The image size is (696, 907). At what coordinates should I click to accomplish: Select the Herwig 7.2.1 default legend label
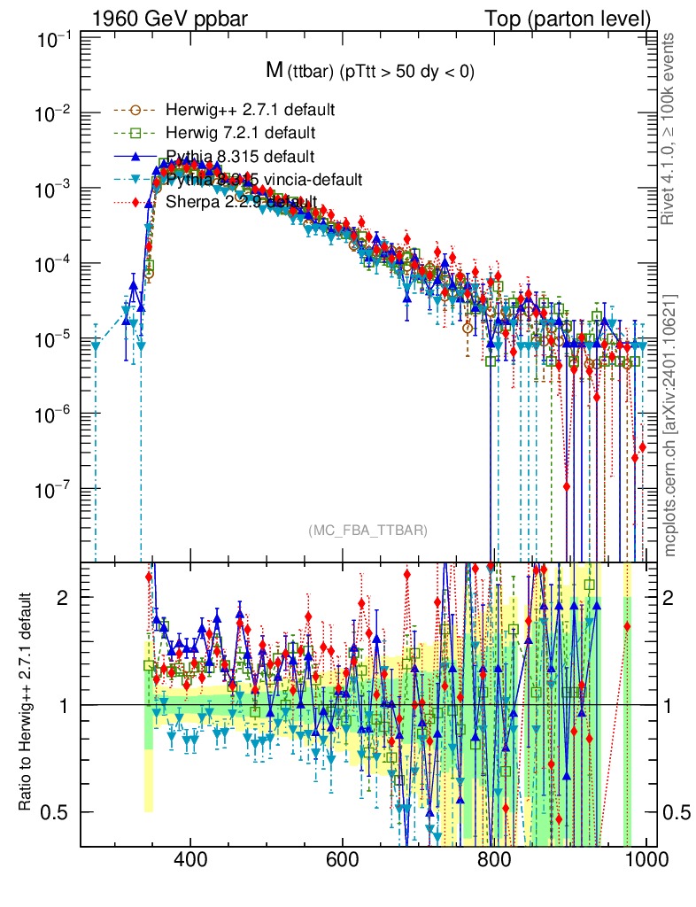pos(240,133)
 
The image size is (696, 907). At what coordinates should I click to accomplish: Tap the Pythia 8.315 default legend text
pos(240,157)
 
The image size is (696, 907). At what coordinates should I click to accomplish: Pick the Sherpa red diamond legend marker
pos(135,203)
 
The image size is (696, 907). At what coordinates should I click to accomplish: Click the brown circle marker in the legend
pos(135,111)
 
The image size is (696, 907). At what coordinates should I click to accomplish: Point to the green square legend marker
pos(135,133)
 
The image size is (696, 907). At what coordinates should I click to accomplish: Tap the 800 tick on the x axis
pos(492,858)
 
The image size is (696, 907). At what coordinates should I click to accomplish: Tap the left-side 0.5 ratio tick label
pos(57,812)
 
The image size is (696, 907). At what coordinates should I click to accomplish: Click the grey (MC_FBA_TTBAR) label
pos(368,531)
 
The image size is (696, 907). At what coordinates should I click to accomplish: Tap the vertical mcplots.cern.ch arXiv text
pos(670,425)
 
